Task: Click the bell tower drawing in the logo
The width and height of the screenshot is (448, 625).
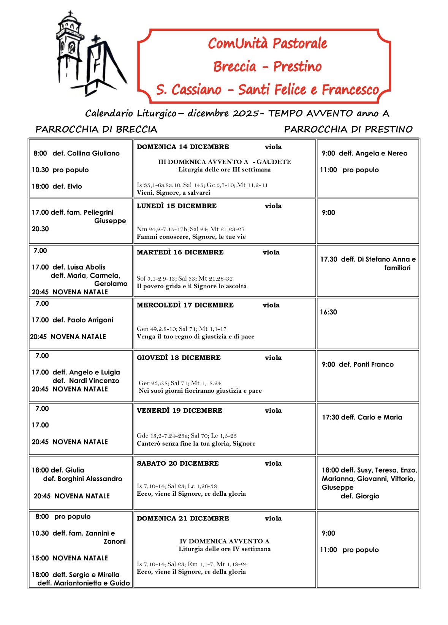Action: (70, 46)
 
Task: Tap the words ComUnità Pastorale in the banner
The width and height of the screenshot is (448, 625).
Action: (267, 43)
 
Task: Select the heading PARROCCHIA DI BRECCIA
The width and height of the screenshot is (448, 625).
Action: (96, 129)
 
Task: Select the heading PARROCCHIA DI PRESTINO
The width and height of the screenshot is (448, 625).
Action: (348, 129)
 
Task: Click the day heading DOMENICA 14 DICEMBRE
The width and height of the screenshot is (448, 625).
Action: (183, 147)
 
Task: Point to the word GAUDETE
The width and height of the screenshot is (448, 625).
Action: (274, 162)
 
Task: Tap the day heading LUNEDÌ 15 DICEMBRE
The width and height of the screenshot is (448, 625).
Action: (177, 206)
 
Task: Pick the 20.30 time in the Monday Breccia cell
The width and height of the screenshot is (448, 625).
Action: (40, 229)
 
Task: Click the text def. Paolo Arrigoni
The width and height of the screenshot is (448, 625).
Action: (83, 320)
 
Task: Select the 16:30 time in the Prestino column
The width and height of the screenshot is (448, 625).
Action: (328, 312)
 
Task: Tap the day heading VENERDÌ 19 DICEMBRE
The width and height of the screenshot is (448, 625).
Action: (179, 411)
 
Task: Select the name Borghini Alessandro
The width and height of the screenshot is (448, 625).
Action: (90, 479)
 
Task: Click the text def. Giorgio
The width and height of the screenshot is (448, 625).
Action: (360, 496)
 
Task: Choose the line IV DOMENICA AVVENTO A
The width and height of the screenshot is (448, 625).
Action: (224, 541)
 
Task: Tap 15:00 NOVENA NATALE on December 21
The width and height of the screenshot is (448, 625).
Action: (70, 558)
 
